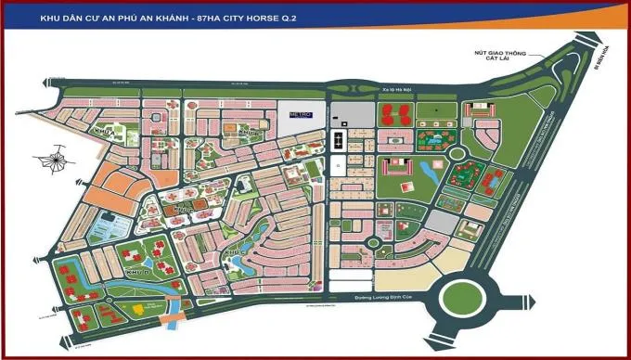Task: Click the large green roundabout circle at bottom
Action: (472, 299)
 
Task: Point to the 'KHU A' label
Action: (105, 133)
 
